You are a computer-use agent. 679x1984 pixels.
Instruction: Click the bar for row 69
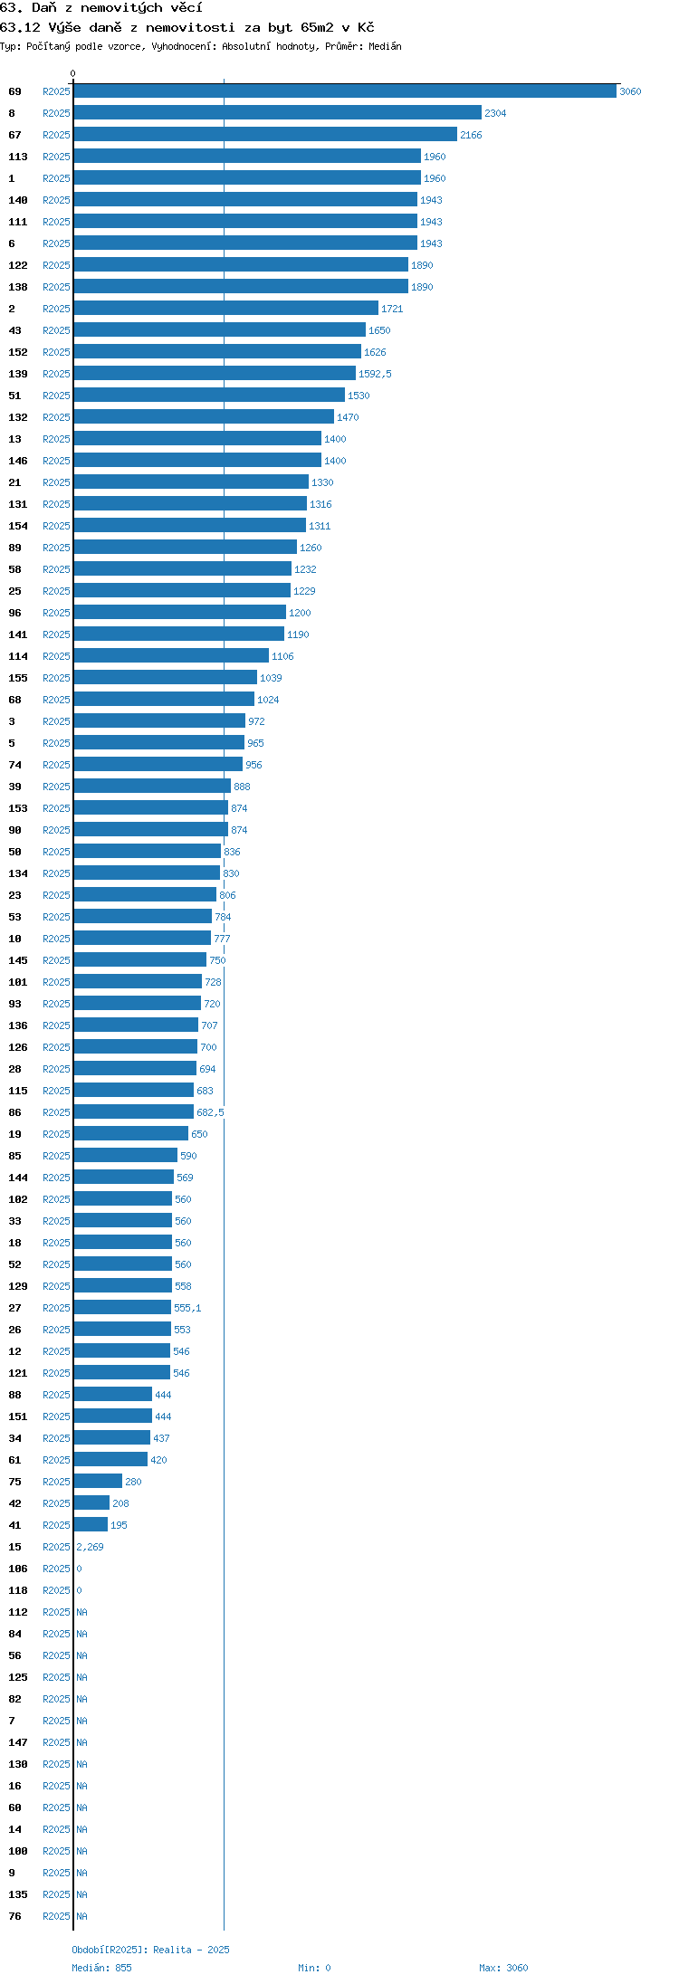point(345,91)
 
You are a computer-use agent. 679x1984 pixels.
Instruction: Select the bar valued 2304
point(277,113)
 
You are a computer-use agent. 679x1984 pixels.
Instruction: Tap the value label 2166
point(471,135)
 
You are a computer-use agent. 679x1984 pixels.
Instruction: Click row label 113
point(18,157)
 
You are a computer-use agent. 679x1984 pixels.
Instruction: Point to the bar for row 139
point(215,374)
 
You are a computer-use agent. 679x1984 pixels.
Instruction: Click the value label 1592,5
point(375,374)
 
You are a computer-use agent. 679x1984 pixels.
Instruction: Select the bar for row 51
point(209,396)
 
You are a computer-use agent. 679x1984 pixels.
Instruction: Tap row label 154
point(18,526)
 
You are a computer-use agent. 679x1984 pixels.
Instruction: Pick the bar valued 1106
point(171,656)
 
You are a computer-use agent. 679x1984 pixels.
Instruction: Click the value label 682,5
point(210,1112)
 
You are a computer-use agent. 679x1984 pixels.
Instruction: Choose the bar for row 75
point(98,1482)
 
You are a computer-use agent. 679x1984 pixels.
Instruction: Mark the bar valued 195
point(91,1525)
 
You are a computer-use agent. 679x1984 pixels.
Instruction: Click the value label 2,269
point(90,1547)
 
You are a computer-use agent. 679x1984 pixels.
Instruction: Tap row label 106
point(18,1569)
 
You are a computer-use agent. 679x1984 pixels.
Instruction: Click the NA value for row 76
point(81,1916)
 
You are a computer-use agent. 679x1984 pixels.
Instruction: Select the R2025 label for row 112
point(56,1612)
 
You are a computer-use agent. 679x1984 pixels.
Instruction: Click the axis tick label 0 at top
point(73,73)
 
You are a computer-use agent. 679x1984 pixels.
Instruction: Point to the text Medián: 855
point(101,1968)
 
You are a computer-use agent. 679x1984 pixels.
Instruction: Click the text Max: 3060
point(503,1968)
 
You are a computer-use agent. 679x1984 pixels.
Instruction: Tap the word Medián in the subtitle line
point(385,46)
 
